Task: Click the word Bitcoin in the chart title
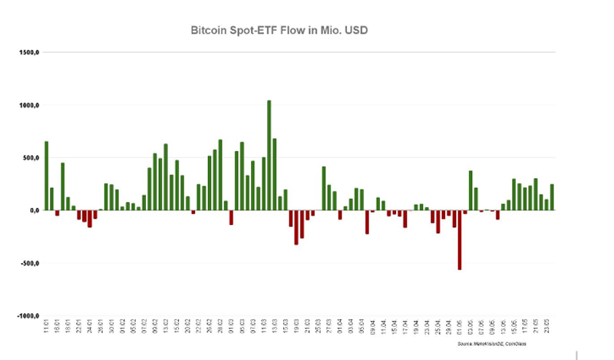coord(209,31)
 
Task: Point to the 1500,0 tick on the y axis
coord(30,53)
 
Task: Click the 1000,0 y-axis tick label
coord(30,105)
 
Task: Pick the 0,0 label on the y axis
coord(35,210)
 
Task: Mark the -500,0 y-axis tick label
coord(30,263)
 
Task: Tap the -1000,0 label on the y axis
coord(28,315)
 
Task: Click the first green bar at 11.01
coord(46,176)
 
